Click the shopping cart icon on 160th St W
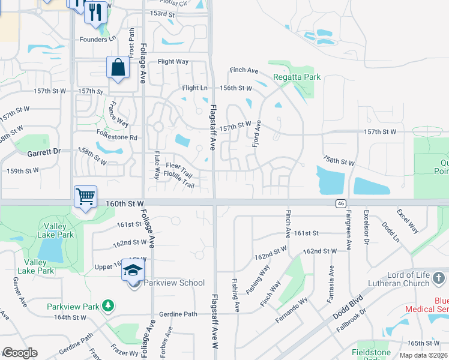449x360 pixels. point(85,197)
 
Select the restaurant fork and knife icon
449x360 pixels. point(95,13)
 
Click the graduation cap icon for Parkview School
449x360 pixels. point(133,271)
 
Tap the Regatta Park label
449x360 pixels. point(297,77)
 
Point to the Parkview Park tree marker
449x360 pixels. point(108,306)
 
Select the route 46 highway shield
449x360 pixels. point(340,204)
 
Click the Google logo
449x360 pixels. point(20,353)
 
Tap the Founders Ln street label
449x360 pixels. point(97,38)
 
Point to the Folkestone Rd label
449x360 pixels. point(116,137)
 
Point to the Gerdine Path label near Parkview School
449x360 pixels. point(178,314)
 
